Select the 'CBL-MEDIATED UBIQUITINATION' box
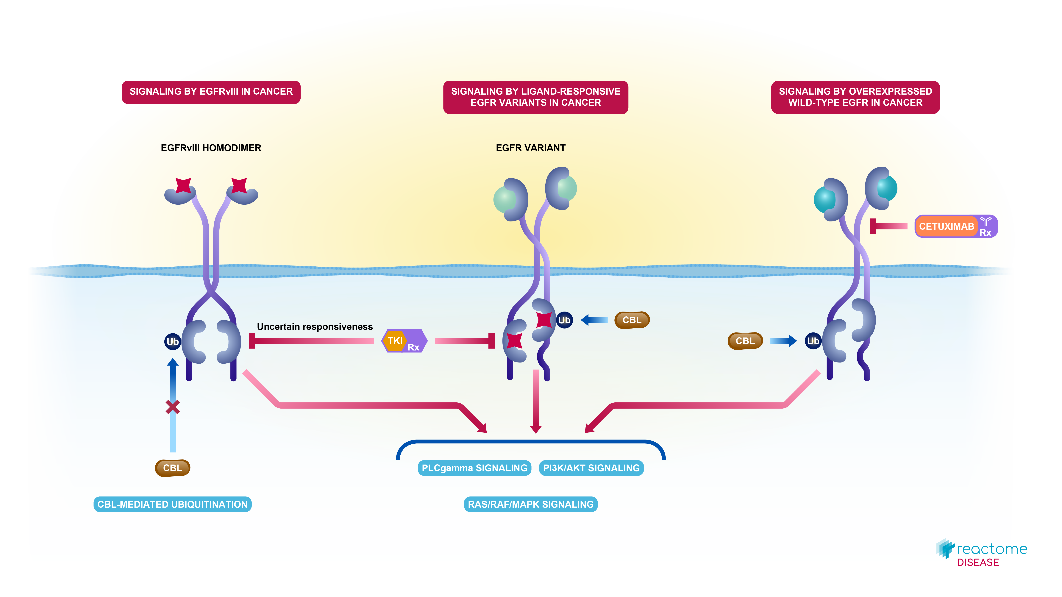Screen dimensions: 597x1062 pos(172,504)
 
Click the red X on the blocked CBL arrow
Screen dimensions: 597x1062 pos(173,407)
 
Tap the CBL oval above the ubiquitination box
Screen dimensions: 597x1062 pos(172,468)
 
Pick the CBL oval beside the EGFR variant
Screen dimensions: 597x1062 pos(632,320)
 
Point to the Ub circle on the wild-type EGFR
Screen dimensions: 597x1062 pos(813,341)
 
